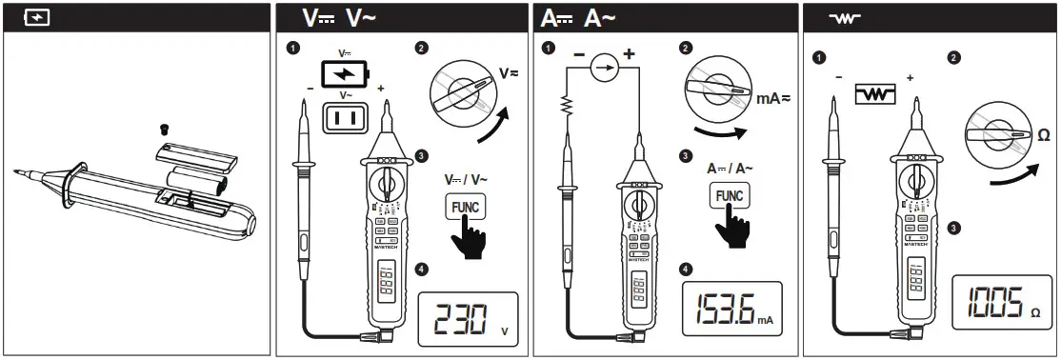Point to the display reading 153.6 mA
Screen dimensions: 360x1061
[731, 309]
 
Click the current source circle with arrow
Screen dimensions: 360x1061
[601, 68]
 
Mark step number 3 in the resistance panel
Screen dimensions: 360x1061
[953, 228]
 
